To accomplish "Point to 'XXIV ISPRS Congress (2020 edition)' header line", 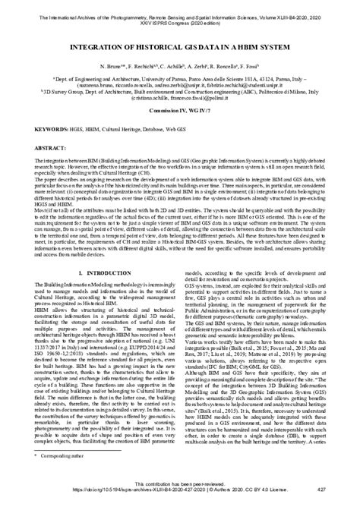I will point(180,15).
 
